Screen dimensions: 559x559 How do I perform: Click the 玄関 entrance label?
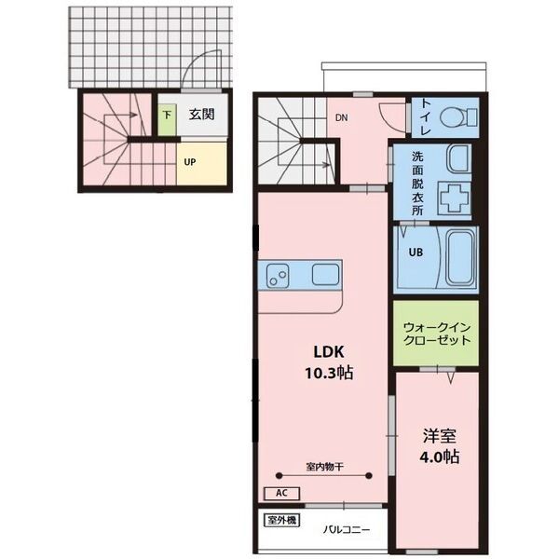201,115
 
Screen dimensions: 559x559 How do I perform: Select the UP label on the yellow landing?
190,162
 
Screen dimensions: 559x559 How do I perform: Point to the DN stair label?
342,117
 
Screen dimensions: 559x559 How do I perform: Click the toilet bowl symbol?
458,117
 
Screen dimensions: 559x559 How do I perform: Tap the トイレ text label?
426,117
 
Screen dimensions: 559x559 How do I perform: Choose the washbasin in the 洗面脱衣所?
459,159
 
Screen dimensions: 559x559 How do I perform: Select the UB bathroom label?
416,252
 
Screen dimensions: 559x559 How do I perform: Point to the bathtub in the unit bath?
461,258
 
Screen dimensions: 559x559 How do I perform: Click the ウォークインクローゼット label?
437,334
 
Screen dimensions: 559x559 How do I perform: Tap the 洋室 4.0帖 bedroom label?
439,446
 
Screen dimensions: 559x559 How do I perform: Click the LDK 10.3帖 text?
329,362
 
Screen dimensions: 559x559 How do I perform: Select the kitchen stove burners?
278,276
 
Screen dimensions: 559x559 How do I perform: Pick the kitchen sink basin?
325,275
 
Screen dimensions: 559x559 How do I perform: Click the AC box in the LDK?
281,494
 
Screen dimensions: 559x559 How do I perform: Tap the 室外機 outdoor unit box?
281,521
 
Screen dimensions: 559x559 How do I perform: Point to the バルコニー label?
347,530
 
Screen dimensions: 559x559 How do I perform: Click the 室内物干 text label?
325,467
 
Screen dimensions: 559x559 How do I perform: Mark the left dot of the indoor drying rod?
279,475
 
